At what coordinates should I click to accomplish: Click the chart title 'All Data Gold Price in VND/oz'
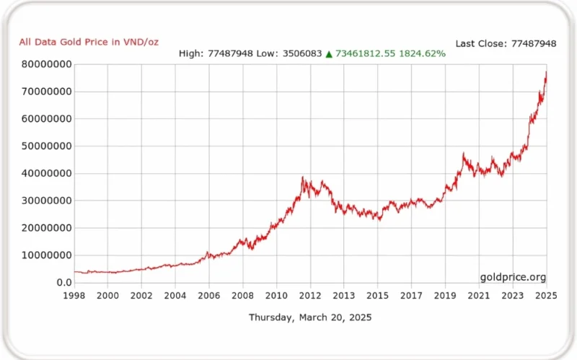click(89, 43)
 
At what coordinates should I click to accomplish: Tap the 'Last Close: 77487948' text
click(506, 44)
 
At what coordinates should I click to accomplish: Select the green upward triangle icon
click(329, 54)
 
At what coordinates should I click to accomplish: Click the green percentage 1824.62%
click(422, 53)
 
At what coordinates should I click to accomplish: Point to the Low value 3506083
click(302, 53)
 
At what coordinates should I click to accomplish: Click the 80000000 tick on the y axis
click(46, 64)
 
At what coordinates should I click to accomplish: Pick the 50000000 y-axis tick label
click(46, 146)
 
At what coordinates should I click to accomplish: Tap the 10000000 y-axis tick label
click(46, 255)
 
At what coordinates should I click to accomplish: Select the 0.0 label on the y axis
click(64, 282)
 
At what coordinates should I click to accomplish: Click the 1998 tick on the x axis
click(74, 296)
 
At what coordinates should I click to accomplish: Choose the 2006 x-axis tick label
click(208, 296)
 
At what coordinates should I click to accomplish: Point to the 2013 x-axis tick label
click(344, 296)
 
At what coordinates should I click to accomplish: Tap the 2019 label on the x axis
click(445, 296)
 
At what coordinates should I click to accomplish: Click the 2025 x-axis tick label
click(546, 296)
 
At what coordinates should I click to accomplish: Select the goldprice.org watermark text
click(513, 277)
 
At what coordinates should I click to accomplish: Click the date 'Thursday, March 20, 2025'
click(310, 317)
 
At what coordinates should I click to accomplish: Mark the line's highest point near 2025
click(546, 71)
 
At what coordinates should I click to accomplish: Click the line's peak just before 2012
click(302, 177)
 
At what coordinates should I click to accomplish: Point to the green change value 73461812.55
click(366, 53)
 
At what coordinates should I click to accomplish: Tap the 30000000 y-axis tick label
click(46, 201)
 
